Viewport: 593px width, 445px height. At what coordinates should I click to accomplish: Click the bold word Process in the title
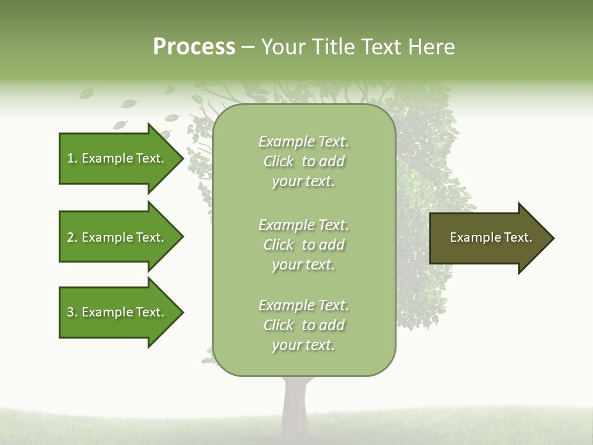pos(194,47)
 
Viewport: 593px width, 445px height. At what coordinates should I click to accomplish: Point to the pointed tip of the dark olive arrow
pos(552,238)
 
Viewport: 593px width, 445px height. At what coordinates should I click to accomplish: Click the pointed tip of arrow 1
pos(181,158)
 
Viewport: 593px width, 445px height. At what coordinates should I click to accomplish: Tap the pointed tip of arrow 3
pos(181,312)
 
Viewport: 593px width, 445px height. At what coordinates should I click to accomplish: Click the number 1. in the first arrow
pos(72,158)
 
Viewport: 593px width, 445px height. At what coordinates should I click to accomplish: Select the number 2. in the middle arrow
pos(72,237)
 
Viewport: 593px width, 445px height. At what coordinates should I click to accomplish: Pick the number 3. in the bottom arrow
pos(72,312)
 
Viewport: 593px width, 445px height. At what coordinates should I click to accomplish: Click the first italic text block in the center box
pos(303,161)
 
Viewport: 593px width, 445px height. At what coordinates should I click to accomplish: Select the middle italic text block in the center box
pos(303,245)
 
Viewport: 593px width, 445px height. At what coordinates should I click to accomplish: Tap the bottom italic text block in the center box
pos(303,325)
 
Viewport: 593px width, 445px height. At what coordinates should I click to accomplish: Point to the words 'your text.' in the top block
pos(303,182)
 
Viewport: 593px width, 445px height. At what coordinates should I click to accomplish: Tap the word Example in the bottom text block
pos(286,305)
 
